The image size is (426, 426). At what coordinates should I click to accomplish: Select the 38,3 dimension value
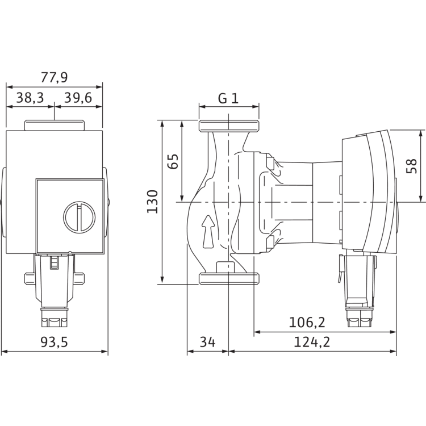30,98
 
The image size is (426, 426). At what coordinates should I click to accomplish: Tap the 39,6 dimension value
78,98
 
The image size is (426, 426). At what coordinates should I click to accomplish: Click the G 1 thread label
228,98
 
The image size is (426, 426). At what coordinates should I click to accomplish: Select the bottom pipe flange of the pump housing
228,279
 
